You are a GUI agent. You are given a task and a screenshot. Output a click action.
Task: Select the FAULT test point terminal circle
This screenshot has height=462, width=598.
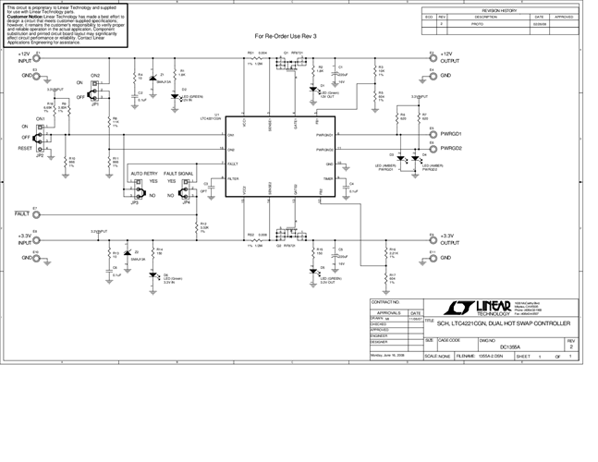point(34,213)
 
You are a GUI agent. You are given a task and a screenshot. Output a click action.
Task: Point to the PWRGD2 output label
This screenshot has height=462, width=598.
point(451,148)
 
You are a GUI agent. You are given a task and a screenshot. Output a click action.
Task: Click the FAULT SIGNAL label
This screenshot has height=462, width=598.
point(178,173)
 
